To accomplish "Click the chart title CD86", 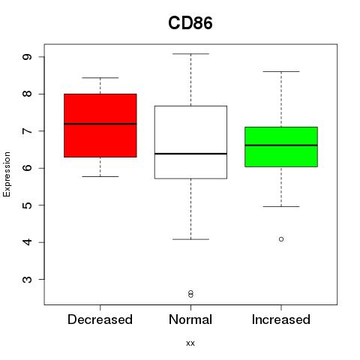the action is click(x=190, y=23).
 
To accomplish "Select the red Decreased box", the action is click(x=100, y=125).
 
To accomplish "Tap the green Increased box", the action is click(x=281, y=147).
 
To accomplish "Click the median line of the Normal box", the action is click(x=190, y=154).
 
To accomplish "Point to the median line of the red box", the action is click(x=100, y=124).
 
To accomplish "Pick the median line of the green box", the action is click(x=281, y=145).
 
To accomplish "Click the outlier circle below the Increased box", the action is click(x=281, y=239).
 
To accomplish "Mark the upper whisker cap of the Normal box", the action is click(x=190, y=54).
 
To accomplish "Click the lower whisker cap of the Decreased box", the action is click(x=100, y=176).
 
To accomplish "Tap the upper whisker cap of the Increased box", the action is click(x=281, y=71).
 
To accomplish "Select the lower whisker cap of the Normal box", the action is click(x=190, y=239).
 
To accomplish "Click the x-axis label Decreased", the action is click(x=100, y=319).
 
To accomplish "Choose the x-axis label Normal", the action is click(x=190, y=319).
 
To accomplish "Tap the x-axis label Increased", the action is click(x=281, y=319).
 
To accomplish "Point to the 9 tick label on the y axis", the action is click(x=27, y=57).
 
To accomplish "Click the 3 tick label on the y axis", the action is click(x=27, y=279).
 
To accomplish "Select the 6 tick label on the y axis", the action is click(x=27, y=168).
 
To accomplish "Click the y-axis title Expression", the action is click(x=7, y=174).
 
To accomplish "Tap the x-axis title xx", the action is click(x=190, y=343).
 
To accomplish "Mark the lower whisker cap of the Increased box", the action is click(x=281, y=206).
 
